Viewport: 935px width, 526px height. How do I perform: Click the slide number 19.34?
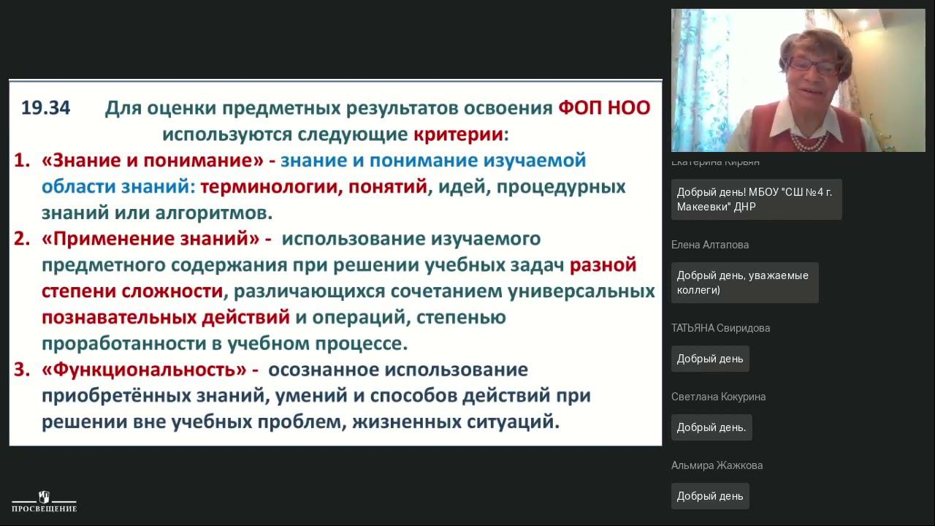[x=45, y=108]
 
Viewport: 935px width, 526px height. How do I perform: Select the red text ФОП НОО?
[x=603, y=108]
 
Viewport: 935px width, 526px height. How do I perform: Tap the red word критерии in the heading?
[x=459, y=134]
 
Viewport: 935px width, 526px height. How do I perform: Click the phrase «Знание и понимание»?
[x=152, y=161]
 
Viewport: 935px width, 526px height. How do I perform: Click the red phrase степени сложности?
[x=132, y=291]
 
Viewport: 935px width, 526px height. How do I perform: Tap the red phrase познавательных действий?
[x=166, y=318]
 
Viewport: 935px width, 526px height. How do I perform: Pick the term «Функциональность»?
[x=145, y=370]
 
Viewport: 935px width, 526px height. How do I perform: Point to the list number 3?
[x=21, y=370]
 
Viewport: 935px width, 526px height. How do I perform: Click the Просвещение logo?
[x=44, y=501]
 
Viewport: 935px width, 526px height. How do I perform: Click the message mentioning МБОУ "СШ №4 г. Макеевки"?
[x=756, y=199]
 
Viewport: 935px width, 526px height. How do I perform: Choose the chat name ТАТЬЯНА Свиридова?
[x=720, y=328]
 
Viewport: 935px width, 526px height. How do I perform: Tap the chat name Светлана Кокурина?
[x=718, y=397]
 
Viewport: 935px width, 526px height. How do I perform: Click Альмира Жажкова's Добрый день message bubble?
[x=710, y=496]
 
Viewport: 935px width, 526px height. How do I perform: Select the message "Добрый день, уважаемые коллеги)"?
[x=744, y=283]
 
